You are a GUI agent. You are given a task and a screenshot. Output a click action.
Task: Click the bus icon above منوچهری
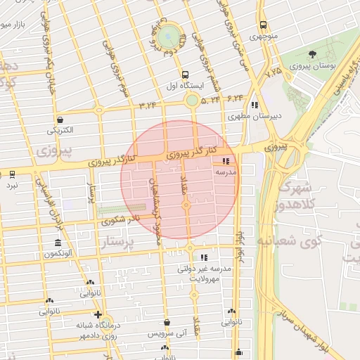tap(262, 25)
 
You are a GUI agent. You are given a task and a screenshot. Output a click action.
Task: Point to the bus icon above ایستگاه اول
tap(185, 75)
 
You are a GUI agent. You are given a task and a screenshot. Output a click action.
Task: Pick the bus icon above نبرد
tap(13, 174)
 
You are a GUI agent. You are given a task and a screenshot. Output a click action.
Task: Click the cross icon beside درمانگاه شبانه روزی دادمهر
tap(98, 314)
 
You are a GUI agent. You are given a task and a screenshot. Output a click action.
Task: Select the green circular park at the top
tap(169, 36)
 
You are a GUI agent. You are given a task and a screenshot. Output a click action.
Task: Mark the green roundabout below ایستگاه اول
tap(192, 101)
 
